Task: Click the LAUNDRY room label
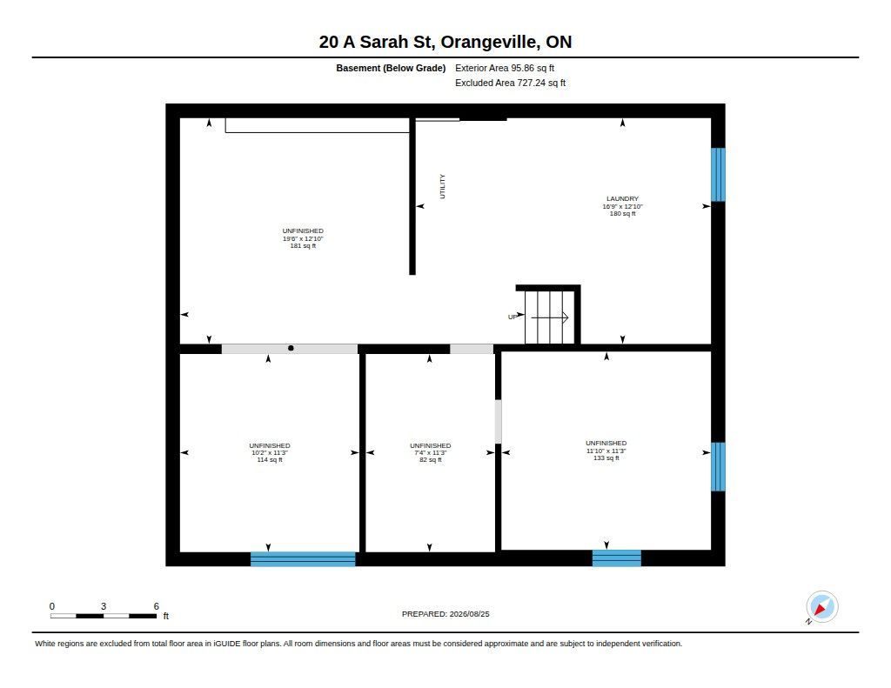click(622, 199)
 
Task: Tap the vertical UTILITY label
click(443, 186)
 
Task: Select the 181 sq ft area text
click(303, 246)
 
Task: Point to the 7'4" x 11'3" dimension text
click(430, 453)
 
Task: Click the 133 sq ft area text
click(606, 458)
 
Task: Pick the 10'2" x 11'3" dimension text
click(270, 453)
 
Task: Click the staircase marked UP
click(549, 317)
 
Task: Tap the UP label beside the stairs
click(512, 317)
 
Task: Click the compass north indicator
click(821, 607)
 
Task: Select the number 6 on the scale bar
click(157, 606)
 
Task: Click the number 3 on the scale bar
click(104, 606)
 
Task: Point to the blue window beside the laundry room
click(718, 175)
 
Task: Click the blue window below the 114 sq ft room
click(303, 559)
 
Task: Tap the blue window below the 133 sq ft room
click(617, 558)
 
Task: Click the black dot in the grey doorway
click(291, 348)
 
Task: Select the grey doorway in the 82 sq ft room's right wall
click(499, 422)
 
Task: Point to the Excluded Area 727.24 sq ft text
click(510, 83)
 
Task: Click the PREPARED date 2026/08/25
click(469, 614)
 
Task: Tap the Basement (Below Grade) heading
click(391, 68)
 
